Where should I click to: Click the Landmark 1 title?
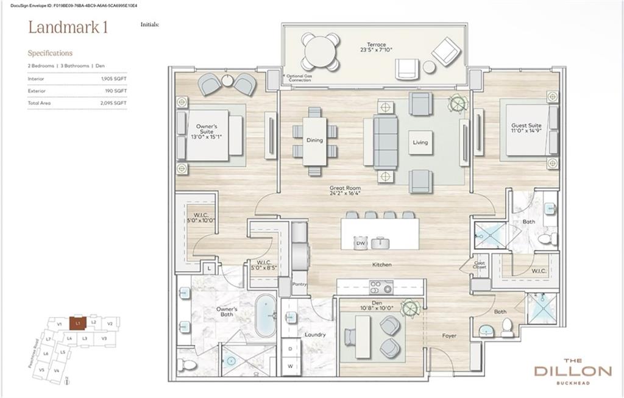tap(68, 28)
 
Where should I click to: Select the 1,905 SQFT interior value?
tap(114, 79)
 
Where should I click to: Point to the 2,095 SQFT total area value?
tap(114, 103)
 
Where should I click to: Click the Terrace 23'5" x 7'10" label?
tap(375, 48)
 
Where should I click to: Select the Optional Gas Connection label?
tap(299, 78)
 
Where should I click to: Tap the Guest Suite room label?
tap(526, 129)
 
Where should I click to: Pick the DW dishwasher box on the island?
tap(360, 243)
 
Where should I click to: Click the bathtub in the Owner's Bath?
tap(266, 315)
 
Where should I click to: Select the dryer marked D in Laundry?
tap(291, 349)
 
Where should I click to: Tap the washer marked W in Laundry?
tap(291, 366)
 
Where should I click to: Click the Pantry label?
tap(299, 284)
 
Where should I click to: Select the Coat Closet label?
tap(480, 266)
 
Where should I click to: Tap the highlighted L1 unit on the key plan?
tap(77, 323)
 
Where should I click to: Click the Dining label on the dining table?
tap(314, 140)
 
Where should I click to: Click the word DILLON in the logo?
tap(572, 371)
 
